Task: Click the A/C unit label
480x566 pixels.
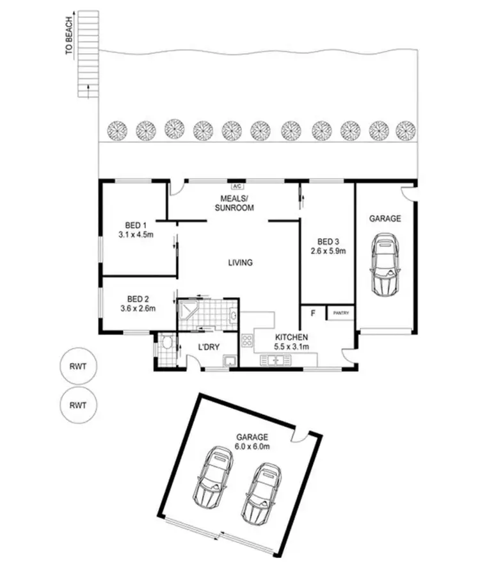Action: (x=236, y=186)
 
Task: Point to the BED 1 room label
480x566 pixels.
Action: (x=136, y=225)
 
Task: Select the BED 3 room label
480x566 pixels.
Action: (x=328, y=241)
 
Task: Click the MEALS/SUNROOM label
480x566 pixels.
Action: (x=234, y=204)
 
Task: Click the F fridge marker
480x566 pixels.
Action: (x=313, y=314)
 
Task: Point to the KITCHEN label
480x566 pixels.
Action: (x=292, y=337)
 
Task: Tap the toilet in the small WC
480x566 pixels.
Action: (x=167, y=344)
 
